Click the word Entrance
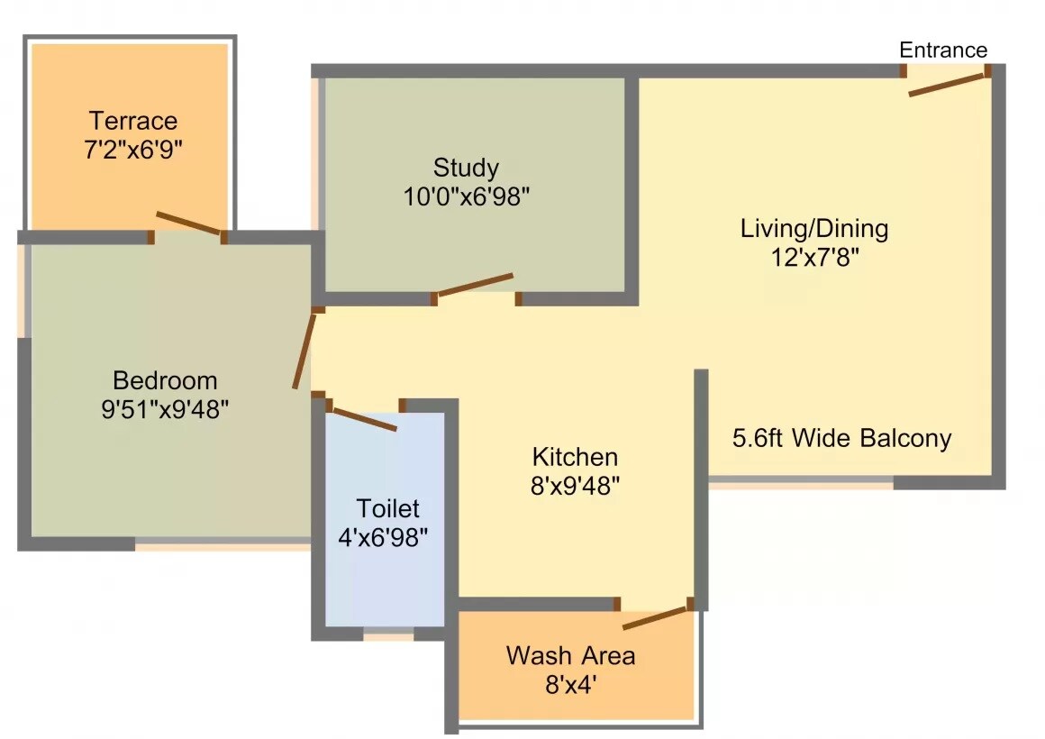pyautogui.click(x=943, y=50)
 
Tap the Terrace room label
pyautogui.click(x=133, y=121)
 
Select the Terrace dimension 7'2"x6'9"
pyautogui.click(x=133, y=150)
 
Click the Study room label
pyautogui.click(x=466, y=168)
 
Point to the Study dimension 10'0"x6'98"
pyautogui.click(x=466, y=196)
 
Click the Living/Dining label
pyautogui.click(x=813, y=228)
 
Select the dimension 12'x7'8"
pyautogui.click(x=813, y=258)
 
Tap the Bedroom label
pyautogui.click(x=165, y=380)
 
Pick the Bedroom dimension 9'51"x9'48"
pyautogui.click(x=165, y=410)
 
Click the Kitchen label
pyautogui.click(x=575, y=456)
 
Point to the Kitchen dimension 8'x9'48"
pyautogui.click(x=575, y=486)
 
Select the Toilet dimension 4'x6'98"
pyautogui.click(x=383, y=538)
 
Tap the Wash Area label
pyautogui.click(x=570, y=655)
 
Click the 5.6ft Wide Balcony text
pyautogui.click(x=841, y=439)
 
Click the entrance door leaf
pyautogui.click(x=948, y=83)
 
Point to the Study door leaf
pyautogui.click(x=475, y=284)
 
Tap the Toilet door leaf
pyautogui.click(x=364, y=420)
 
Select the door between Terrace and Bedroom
pyautogui.click(x=187, y=222)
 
